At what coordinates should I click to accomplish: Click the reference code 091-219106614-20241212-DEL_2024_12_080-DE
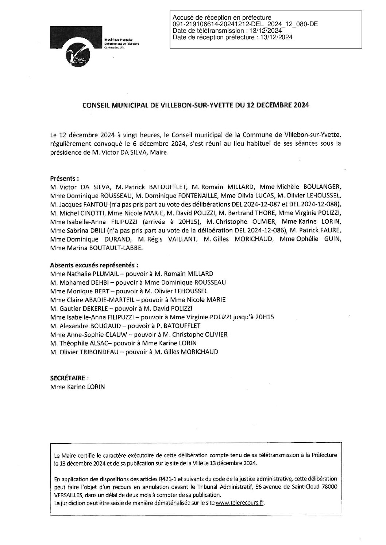pos(245,24)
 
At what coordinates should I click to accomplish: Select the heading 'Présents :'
pos(65,179)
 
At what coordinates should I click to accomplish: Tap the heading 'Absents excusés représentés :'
pos(94,265)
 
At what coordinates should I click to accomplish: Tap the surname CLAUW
pos(120,334)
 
